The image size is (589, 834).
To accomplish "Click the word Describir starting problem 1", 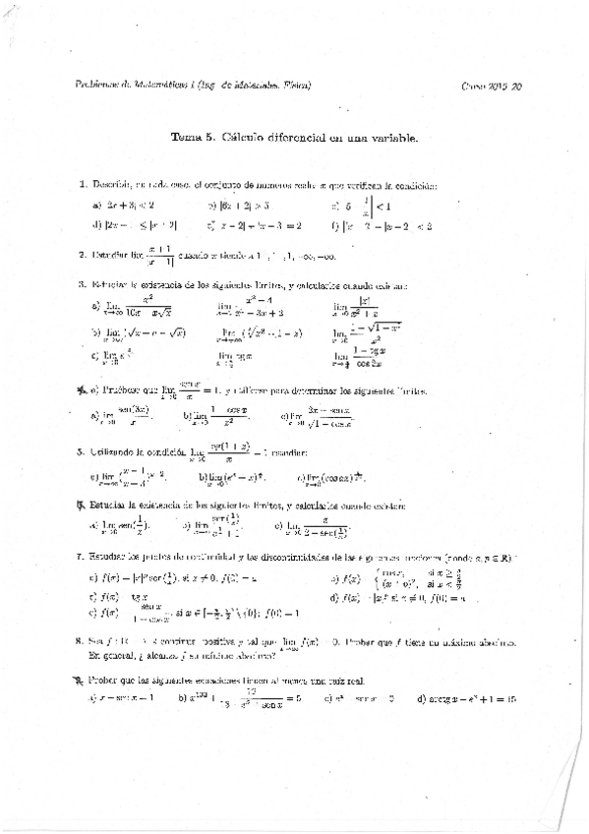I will (x=112, y=185).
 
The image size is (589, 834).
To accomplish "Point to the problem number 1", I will (x=82, y=185).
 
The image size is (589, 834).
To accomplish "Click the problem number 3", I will (x=82, y=285).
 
